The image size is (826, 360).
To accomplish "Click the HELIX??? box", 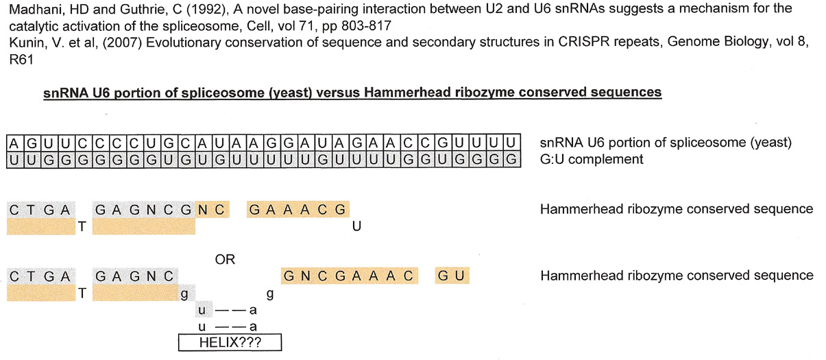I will (x=230, y=342).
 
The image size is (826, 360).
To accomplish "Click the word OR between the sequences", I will (x=225, y=260).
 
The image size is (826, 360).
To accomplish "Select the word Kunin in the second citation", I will (x=23, y=41).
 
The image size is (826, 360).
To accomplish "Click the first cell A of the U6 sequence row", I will (x=14, y=143).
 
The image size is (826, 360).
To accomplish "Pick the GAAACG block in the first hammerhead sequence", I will (x=298, y=209).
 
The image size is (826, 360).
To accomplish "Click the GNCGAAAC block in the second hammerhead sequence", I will (x=349, y=276).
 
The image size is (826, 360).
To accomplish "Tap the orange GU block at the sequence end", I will (x=452, y=276).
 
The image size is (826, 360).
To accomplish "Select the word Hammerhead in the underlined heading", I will (x=383, y=92).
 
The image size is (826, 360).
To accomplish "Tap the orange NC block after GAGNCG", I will (x=212, y=209).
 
